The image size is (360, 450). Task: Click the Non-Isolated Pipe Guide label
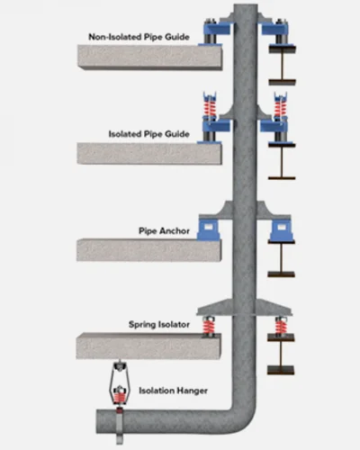click(x=139, y=37)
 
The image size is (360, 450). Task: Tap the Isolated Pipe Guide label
click(x=149, y=134)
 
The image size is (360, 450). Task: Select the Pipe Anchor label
click(x=164, y=230)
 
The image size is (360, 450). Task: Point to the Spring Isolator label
click(x=159, y=325)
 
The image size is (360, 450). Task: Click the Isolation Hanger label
click(x=173, y=391)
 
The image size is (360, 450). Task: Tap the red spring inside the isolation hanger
click(x=120, y=398)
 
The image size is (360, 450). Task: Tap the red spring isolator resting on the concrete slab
click(x=209, y=327)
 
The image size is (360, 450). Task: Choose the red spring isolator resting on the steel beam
click(x=281, y=327)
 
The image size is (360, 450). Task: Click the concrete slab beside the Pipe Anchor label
click(x=149, y=250)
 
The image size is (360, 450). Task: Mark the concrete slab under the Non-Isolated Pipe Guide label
click(x=150, y=58)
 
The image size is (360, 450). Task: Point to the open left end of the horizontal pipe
click(x=98, y=421)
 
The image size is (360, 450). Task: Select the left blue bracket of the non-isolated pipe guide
click(x=217, y=30)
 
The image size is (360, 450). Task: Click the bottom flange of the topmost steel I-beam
click(x=282, y=82)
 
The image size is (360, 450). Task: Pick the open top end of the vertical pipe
click(x=246, y=6)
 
